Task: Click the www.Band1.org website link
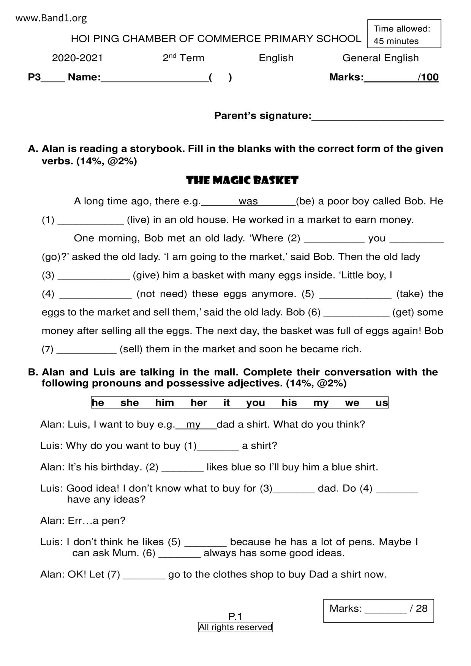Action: point(51,18)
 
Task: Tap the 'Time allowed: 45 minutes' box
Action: point(404,34)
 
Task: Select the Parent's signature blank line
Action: point(377,117)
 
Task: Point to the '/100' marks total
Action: point(428,77)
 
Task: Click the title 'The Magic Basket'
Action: point(242,180)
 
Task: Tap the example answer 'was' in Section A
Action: point(248,201)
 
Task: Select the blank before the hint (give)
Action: point(93,276)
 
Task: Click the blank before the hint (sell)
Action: point(87,350)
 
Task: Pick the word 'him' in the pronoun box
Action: point(164,402)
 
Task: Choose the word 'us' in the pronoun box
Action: point(381,402)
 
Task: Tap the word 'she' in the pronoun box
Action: point(130,402)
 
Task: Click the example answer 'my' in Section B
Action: point(193,425)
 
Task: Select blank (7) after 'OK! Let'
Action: point(144,575)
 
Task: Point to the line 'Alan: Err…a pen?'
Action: point(83,521)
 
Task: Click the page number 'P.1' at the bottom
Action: point(235,616)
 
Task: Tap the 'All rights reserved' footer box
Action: point(235,627)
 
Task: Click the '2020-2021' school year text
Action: point(77,58)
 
